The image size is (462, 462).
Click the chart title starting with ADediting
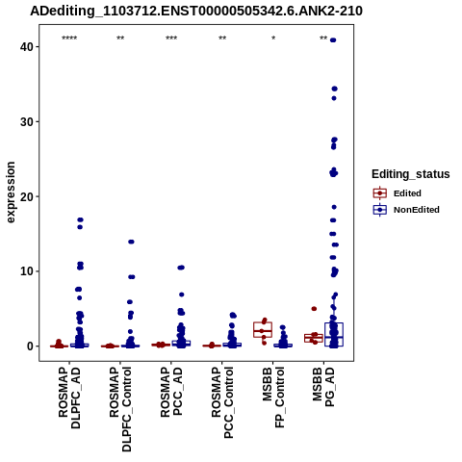tap(196, 11)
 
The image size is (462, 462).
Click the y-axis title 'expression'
tap(11, 192)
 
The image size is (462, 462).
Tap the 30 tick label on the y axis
tap(27, 122)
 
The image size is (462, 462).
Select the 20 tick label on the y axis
tap(27, 196)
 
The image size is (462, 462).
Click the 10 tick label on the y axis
tap(27, 271)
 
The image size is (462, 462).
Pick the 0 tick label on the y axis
tap(31, 346)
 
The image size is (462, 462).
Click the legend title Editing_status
tap(411, 174)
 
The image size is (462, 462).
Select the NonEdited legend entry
tap(406, 210)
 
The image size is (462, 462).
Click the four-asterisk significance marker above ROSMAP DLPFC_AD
tap(69, 38)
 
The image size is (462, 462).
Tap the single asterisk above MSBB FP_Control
tap(273, 38)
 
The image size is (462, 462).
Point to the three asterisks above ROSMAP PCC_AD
tap(171, 38)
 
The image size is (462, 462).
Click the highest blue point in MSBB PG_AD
tap(333, 40)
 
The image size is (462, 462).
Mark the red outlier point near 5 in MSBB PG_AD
tap(314, 309)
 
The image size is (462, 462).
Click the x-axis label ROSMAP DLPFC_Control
tap(120, 409)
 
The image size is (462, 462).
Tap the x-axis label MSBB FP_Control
tap(273, 398)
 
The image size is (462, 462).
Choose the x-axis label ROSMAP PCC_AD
tap(171, 392)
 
